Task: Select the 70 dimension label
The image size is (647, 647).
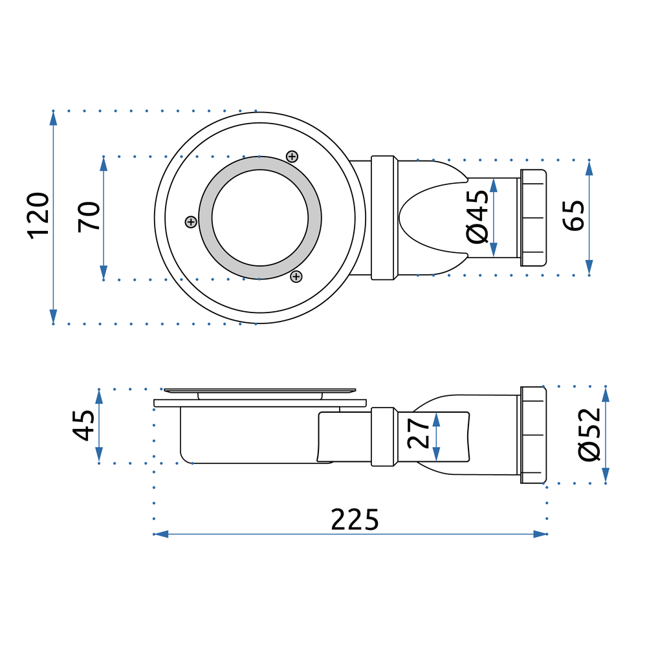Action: [x=89, y=217]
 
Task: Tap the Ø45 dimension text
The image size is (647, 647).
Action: [x=477, y=216]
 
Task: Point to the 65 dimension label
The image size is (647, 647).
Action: [x=573, y=216]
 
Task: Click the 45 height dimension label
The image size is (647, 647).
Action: [x=83, y=425]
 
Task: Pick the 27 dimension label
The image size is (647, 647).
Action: [x=419, y=433]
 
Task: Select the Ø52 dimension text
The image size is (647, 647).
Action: [x=590, y=434]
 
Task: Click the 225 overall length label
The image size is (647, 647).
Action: [x=355, y=520]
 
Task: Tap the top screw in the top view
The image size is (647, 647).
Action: [x=292, y=156]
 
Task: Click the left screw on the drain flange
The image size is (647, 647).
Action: [x=190, y=222]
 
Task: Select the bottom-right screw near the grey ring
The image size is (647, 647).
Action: [x=296, y=277]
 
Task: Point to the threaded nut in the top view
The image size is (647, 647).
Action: [x=532, y=217]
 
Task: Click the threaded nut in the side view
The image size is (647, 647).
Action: [x=532, y=435]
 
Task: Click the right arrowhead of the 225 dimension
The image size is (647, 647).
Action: [x=541, y=534]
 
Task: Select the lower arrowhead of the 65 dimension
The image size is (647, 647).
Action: [x=589, y=268]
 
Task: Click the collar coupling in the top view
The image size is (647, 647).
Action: [x=382, y=217]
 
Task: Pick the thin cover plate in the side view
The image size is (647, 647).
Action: [x=259, y=390]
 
